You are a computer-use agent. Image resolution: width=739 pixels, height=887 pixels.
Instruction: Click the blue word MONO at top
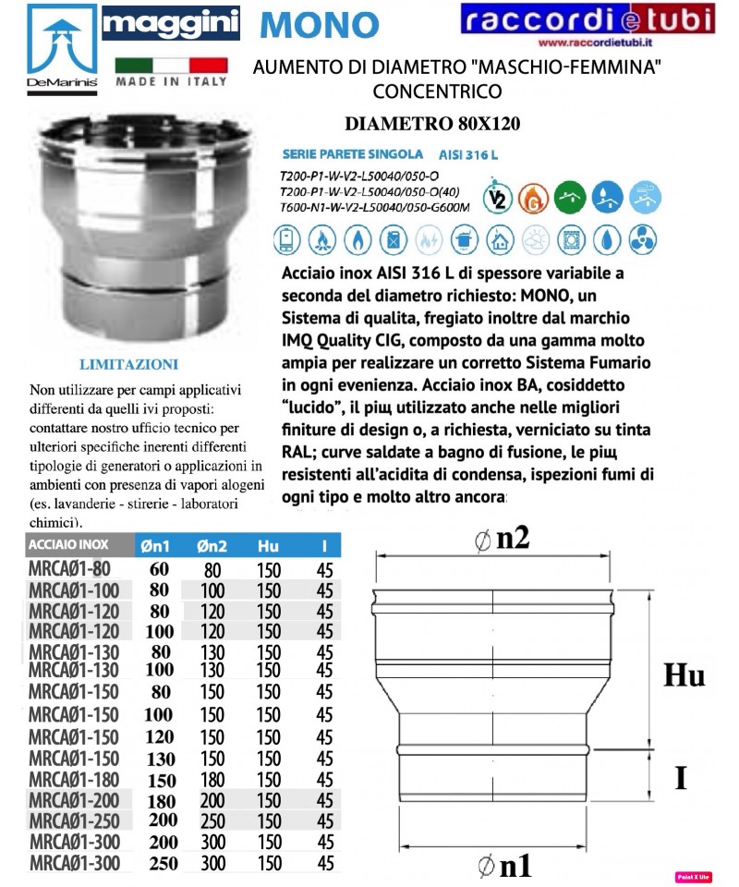[320, 25]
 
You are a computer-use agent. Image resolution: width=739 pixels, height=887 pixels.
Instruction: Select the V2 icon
[495, 196]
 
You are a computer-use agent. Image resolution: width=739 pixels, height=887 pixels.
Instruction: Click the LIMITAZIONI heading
[128, 364]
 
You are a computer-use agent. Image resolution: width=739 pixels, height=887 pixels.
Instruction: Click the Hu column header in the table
[268, 546]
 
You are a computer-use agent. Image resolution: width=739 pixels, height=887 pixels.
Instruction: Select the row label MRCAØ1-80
[70, 569]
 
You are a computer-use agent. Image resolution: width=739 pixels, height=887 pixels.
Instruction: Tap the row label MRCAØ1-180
[75, 779]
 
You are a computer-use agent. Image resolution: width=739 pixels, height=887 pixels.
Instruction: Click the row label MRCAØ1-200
[75, 800]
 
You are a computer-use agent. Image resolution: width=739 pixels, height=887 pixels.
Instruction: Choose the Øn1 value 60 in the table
[159, 569]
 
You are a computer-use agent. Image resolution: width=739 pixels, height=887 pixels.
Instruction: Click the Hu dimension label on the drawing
[684, 675]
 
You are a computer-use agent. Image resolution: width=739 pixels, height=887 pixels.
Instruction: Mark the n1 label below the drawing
[505, 866]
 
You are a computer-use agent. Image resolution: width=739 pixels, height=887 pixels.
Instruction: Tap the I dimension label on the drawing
[680, 778]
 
